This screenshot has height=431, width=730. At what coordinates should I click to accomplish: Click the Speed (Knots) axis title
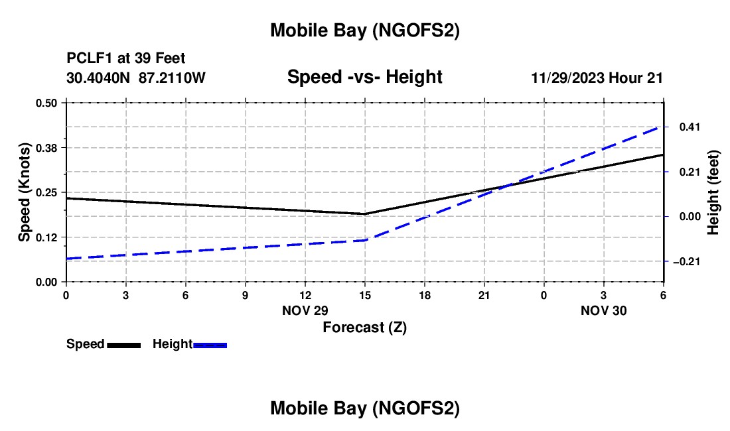coord(25,192)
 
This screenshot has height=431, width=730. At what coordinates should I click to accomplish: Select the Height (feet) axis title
coord(713,192)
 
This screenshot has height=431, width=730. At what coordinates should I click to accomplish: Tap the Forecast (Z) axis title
coord(364,327)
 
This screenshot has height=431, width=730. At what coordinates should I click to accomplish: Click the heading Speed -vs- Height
coord(364,77)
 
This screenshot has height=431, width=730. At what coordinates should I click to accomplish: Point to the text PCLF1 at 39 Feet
coord(126,59)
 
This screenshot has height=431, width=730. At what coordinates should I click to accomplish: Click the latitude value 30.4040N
coord(100,78)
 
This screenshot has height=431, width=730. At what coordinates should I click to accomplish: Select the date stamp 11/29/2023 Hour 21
coord(597,78)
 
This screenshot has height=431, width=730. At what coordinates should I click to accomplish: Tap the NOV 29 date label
coord(305,310)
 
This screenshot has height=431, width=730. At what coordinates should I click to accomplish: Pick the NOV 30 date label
coord(604,310)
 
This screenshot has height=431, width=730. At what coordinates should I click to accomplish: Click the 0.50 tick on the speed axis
coord(46,103)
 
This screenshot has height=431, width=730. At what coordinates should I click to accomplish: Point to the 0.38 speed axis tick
coord(46,147)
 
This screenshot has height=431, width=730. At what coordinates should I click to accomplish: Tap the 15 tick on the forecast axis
coord(364,294)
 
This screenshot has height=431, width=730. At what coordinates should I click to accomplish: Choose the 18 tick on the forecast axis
coord(424,294)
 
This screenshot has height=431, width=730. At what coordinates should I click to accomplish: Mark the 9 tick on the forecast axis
coord(245,294)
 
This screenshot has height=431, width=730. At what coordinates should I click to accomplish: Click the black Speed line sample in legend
coord(123,345)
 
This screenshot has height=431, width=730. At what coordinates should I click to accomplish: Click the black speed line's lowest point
coord(364,214)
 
